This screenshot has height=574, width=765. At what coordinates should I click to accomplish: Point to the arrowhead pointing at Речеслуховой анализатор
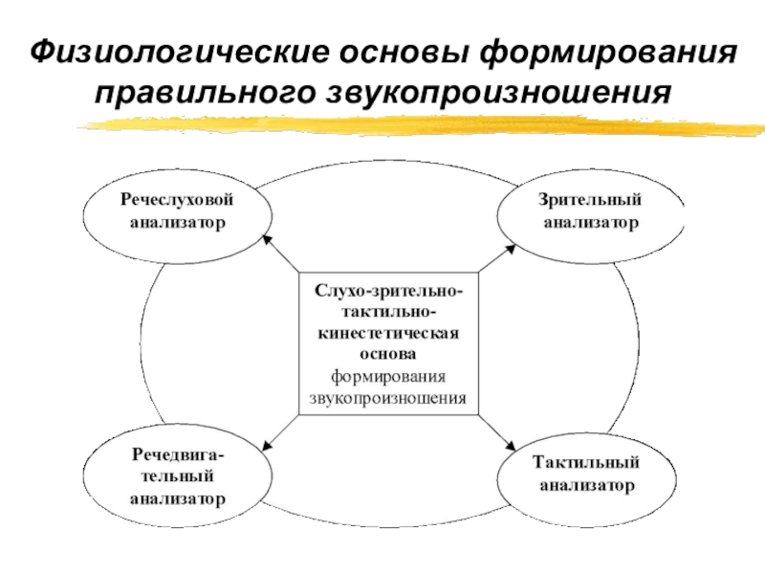point(267,240)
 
